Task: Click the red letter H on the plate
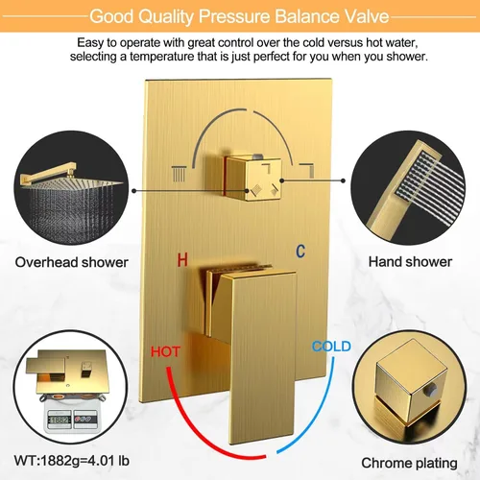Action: coord(182,259)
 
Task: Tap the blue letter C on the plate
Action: coord(300,252)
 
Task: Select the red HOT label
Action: coord(165,351)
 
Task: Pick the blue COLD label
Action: coord(331,347)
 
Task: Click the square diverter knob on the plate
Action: coord(252,177)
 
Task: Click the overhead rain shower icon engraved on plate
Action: coord(179,174)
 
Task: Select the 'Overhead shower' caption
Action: coord(72,262)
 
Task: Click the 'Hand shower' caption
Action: coord(410,262)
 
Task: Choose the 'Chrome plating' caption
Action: coord(409,463)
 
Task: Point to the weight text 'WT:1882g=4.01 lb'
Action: coord(72,461)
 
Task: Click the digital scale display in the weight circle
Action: coord(59,420)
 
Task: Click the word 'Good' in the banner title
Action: coord(111,16)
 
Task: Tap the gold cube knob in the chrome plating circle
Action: coord(411,381)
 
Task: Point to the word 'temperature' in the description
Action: coord(162,57)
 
